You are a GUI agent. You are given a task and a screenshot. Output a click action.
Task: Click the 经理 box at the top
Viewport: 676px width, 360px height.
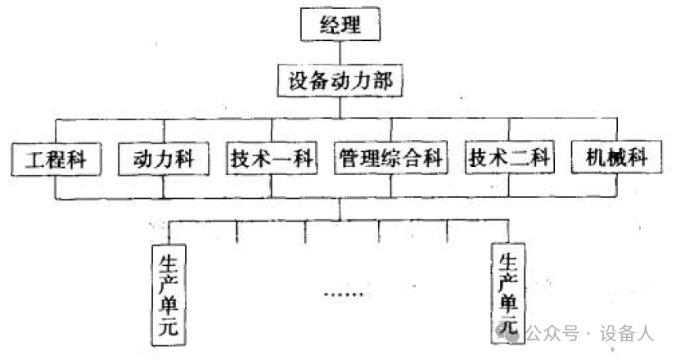[341, 25]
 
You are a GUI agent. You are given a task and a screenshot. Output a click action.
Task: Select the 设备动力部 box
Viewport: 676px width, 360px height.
[341, 82]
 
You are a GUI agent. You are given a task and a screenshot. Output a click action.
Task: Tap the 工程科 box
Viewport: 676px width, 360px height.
[55, 158]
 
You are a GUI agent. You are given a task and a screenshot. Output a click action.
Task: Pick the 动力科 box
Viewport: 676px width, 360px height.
[164, 158]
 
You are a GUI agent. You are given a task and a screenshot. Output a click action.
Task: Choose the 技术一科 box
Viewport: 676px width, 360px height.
[272, 158]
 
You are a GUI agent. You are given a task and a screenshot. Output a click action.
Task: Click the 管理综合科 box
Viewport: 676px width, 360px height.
[390, 158]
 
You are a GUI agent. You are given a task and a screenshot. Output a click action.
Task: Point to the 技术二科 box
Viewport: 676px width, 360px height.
[509, 158]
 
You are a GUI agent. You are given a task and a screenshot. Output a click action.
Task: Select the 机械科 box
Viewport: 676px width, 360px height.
[615, 158]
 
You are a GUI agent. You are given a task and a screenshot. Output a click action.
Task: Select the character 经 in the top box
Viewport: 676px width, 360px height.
[326, 25]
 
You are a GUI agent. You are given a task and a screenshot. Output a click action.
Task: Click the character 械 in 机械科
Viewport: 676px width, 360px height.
[615, 158]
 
